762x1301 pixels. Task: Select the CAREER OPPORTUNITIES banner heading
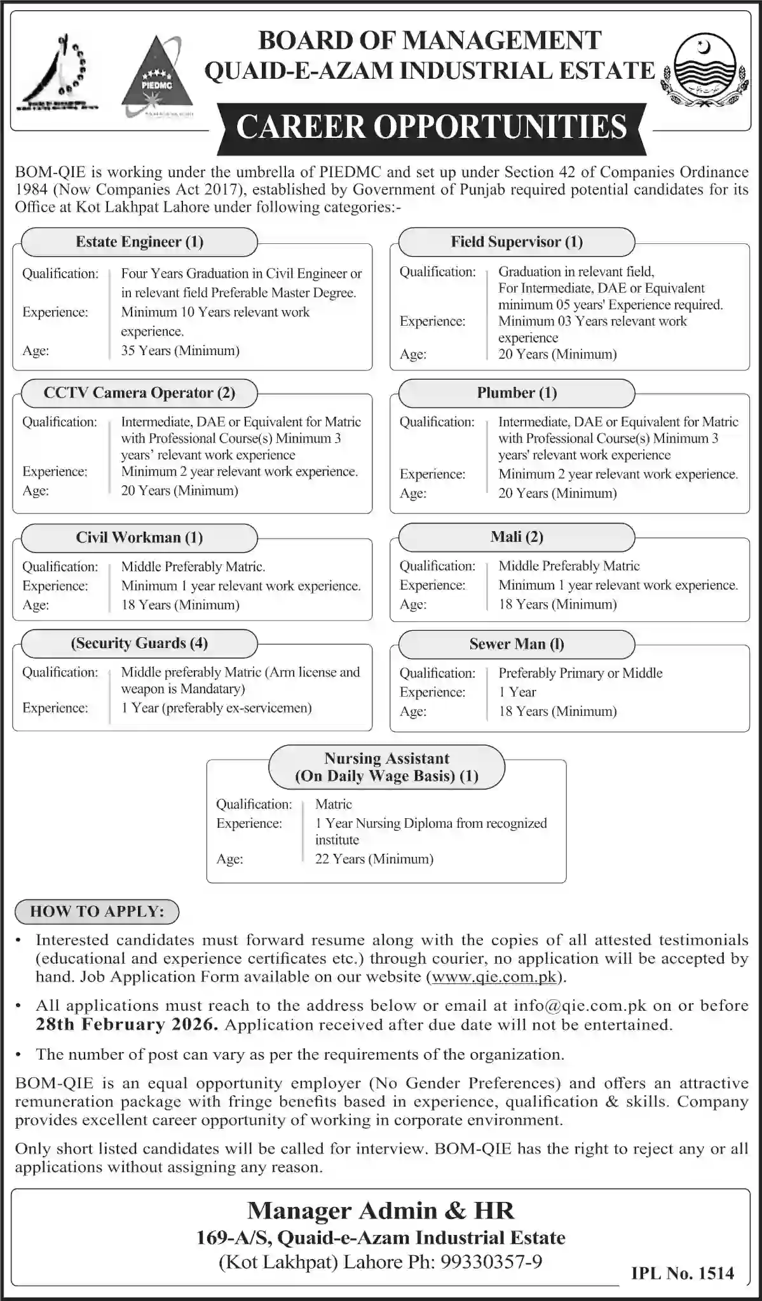tap(432, 126)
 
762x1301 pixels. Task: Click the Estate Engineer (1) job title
tap(139, 242)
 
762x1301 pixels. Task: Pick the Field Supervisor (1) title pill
tap(516, 242)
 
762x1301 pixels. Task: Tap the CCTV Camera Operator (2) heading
tap(139, 393)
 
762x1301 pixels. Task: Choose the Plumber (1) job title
tap(516, 393)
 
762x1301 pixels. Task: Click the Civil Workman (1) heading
tap(139, 537)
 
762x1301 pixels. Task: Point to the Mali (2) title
tap(516, 537)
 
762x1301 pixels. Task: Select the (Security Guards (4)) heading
tap(139, 643)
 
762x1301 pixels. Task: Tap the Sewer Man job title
tap(516, 644)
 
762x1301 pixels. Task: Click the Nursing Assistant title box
tap(386, 767)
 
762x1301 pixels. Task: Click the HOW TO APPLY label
tap(97, 911)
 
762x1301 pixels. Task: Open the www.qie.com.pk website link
tap(494, 976)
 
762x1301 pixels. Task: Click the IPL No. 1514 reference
tap(683, 1273)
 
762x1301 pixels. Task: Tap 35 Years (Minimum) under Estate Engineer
tap(180, 351)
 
